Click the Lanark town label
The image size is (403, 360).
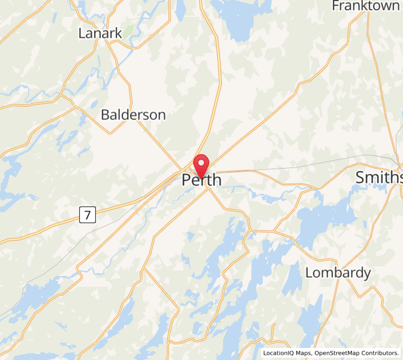pyautogui.click(x=100, y=34)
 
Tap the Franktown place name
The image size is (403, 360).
pyautogui.click(x=365, y=6)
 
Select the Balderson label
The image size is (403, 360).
pyautogui.click(x=133, y=115)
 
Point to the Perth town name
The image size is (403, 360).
pyautogui.click(x=201, y=180)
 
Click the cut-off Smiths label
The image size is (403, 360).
pyautogui.click(x=378, y=178)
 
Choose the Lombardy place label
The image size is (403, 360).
pyautogui.click(x=338, y=273)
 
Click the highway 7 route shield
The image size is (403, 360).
pyautogui.click(x=87, y=215)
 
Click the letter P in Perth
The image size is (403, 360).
pyautogui.click(x=186, y=180)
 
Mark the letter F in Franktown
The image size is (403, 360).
pyautogui.click(x=336, y=6)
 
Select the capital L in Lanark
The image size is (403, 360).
pyautogui.click(x=82, y=34)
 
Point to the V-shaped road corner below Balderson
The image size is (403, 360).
pyautogui.click(x=110, y=133)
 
